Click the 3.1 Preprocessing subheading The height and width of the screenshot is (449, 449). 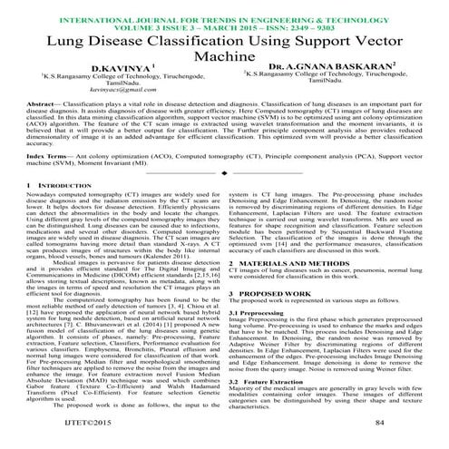pos(264,311)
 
